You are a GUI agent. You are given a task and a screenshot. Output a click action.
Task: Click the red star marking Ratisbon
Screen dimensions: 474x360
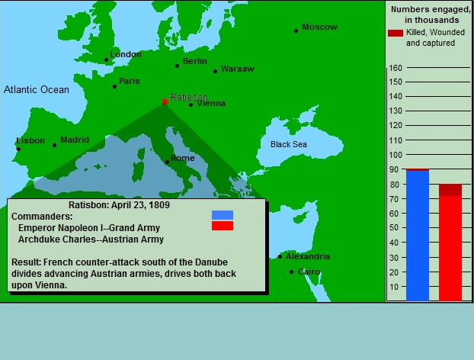coord(165,101)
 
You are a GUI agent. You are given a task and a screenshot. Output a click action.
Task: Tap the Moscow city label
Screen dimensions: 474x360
coord(319,27)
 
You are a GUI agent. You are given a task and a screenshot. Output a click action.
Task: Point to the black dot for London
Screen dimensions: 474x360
coord(106,60)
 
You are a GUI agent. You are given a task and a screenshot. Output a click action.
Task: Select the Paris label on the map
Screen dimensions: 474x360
coord(130,81)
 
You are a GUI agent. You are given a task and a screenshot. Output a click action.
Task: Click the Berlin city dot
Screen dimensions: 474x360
coord(177,66)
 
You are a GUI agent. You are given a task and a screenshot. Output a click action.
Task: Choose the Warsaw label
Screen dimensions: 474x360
coord(238,69)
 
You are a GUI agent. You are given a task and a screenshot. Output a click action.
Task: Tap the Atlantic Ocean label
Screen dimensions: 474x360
coord(37,89)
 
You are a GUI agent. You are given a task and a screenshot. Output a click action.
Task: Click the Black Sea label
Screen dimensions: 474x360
coord(289,144)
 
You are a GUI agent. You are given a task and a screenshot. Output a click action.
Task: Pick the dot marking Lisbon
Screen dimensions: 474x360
coord(18,149)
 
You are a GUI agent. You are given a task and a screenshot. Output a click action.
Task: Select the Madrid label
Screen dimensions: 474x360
coord(75,140)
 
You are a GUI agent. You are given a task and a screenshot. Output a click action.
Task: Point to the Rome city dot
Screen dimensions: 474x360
coord(167,162)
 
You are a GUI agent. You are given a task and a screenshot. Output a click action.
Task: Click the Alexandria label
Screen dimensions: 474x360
coord(308,256)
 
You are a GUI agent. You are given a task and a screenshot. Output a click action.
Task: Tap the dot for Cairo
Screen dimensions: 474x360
coord(291,272)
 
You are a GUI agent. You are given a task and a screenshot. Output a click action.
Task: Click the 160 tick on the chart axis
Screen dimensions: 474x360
coord(396,68)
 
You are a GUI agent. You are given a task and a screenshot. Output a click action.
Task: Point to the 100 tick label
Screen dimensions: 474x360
coord(396,155)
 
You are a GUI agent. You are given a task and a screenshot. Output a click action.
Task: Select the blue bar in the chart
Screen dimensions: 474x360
coord(418,236)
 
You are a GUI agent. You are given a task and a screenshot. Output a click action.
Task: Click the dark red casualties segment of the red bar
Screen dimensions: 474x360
coord(450,190)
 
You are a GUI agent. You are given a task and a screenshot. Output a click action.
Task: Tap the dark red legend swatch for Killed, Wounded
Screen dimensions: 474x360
coord(396,33)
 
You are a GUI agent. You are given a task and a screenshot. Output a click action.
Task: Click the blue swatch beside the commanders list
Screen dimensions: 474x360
coord(223,215)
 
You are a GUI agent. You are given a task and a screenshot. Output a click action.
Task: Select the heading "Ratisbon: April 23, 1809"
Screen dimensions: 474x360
coord(119,205)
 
